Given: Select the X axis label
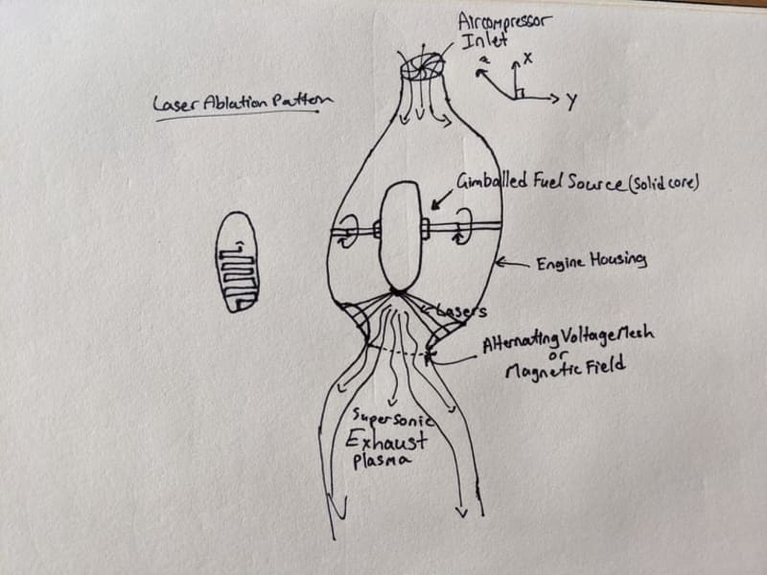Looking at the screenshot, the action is click(x=527, y=58).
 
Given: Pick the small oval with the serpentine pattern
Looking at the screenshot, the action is click(x=236, y=262).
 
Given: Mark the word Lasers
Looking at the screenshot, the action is click(x=464, y=311).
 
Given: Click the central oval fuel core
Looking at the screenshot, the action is click(x=401, y=235).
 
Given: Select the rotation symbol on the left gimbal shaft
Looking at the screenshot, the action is click(x=346, y=230).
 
